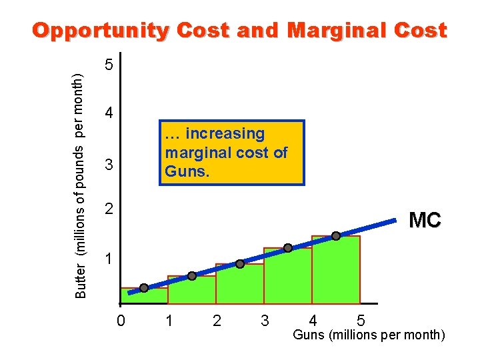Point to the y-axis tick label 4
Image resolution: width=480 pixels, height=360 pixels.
110,113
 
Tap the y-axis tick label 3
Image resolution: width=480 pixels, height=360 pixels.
110,164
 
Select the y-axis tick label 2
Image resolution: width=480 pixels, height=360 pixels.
110,209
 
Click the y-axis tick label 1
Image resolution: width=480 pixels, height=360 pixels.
110,258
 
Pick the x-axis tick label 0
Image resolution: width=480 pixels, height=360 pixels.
120,321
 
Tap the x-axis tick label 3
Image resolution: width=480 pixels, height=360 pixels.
265,321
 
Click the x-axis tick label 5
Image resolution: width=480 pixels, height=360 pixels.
361,321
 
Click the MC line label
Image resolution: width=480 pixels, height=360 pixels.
424,220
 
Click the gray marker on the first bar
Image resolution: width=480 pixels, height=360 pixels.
144,288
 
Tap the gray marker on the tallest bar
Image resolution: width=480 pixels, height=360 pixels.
336,235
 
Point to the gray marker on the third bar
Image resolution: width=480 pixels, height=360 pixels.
240,263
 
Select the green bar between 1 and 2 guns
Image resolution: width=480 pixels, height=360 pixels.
192,291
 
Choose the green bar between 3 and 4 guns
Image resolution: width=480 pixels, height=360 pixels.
288,277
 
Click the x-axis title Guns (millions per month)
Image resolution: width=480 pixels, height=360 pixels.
369,335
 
